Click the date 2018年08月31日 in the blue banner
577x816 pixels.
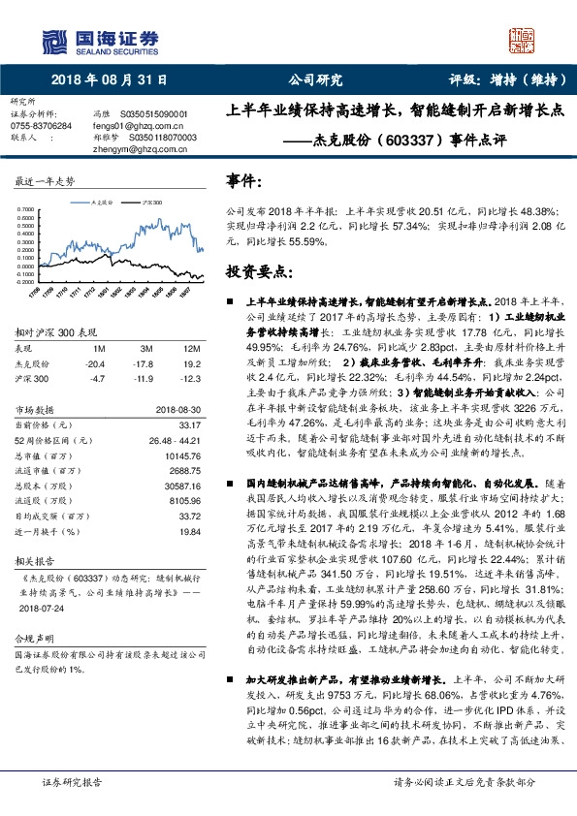pyautogui.click(x=109, y=80)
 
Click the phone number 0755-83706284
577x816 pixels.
pyautogui.click(x=41, y=126)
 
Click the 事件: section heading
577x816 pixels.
pyautogui.click(x=243, y=180)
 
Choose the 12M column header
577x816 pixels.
pyautogui.click(x=191, y=348)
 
